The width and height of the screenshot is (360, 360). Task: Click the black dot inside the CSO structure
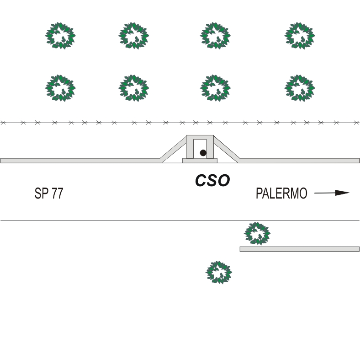click(x=203, y=153)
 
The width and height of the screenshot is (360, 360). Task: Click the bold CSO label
click(x=212, y=181)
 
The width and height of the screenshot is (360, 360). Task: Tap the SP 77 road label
click(x=49, y=193)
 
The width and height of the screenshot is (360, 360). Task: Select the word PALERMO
click(x=281, y=193)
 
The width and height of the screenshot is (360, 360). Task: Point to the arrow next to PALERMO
click(x=332, y=193)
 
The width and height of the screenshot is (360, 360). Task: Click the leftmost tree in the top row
click(x=60, y=36)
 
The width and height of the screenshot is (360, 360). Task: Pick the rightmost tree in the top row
click(x=299, y=36)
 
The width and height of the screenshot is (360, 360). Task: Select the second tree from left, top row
click(x=134, y=36)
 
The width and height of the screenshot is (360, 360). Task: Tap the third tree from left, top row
click(x=215, y=36)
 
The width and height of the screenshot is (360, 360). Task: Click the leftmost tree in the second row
click(x=60, y=88)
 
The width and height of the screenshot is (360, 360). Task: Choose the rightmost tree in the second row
click(x=299, y=88)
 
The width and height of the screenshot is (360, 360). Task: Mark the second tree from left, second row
click(x=134, y=88)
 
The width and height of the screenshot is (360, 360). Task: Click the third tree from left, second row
click(x=215, y=88)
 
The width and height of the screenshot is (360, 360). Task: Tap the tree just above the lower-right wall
click(x=258, y=233)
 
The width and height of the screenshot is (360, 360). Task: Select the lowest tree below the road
click(x=219, y=273)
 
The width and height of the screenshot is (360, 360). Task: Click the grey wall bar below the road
click(x=299, y=249)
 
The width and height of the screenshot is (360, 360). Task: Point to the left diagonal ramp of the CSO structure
click(x=174, y=147)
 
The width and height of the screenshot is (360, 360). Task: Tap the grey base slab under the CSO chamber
click(x=200, y=161)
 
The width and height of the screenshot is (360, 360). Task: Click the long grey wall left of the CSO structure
click(x=80, y=160)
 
